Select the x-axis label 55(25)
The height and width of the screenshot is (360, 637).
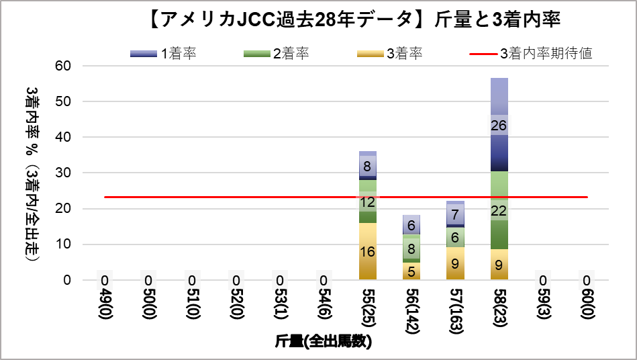coord(367,308)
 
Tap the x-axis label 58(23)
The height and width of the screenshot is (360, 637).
coord(499,308)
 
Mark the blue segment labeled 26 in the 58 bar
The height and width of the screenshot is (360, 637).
coord(499,125)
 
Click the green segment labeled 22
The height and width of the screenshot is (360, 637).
coord(499,210)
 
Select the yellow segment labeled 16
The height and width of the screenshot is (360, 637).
coord(367,252)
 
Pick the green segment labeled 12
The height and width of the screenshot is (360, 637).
coord(367,201)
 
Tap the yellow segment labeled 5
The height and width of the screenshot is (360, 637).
coord(411,271)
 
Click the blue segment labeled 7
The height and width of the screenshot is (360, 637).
coord(455,214)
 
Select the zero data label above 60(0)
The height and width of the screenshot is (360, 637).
coord(587,280)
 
